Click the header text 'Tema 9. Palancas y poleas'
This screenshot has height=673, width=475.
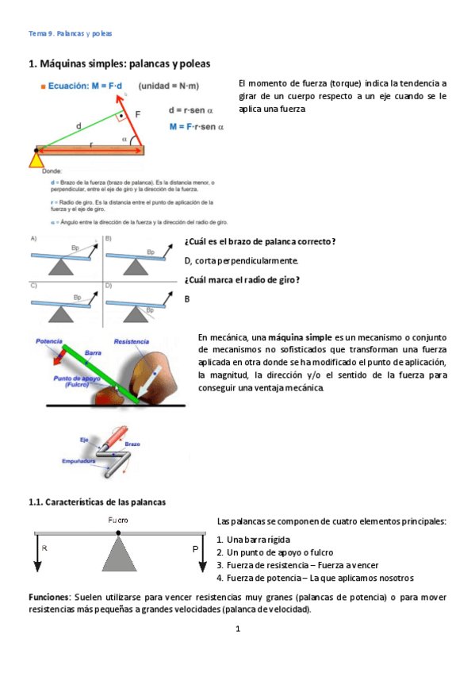[x=70, y=33]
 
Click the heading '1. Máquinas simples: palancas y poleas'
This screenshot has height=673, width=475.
[x=119, y=63]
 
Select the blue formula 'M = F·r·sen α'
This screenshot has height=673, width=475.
[x=196, y=125]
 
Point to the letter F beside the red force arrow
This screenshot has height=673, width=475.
[x=138, y=114]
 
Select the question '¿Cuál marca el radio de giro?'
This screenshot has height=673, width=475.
[x=242, y=279]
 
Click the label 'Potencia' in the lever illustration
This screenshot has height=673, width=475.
[x=48, y=341]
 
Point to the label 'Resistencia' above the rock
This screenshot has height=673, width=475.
[x=132, y=341]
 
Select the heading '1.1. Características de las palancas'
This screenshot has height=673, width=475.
[x=97, y=502]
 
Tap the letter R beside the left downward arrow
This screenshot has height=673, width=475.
[x=44, y=548]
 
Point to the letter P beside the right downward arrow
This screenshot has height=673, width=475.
[x=194, y=548]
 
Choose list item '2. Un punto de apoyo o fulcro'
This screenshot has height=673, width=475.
[x=274, y=552]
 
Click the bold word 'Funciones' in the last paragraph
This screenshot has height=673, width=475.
[x=50, y=596]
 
